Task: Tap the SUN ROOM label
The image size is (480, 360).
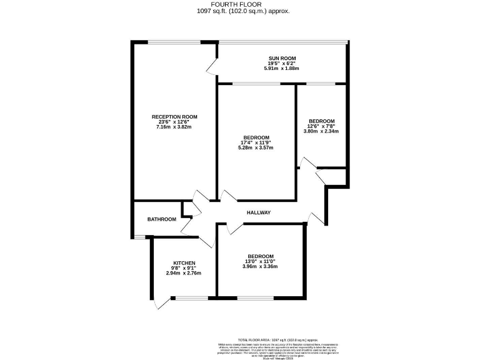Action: click(282, 58)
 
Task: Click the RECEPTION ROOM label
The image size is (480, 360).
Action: click(174, 117)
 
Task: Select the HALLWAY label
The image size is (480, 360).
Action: click(259, 212)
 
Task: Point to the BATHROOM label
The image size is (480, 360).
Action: click(161, 219)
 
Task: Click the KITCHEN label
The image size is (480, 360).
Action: click(184, 263)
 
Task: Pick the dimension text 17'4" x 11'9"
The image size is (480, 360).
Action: click(257, 142)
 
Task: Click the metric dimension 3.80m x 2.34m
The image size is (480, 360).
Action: click(321, 132)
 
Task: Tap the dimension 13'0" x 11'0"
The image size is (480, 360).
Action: click(261, 261)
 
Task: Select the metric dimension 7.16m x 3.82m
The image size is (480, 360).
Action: click(174, 127)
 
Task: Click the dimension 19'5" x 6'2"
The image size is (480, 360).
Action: click(282, 63)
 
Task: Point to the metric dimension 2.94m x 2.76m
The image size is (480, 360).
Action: click(184, 273)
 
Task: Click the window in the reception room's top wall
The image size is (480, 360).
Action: click(174, 42)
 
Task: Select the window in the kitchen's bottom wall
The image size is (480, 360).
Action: click(187, 297)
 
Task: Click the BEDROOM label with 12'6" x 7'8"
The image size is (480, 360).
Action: click(321, 121)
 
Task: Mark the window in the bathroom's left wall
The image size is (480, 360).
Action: click(132, 236)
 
